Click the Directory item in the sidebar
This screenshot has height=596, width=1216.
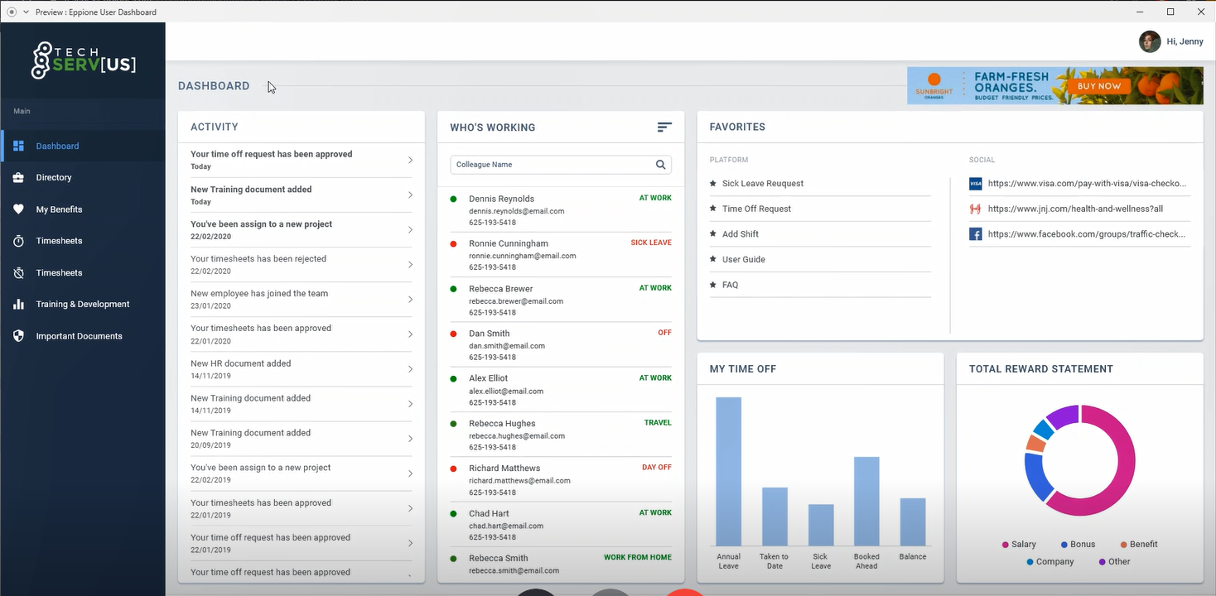pyautogui.click(x=53, y=178)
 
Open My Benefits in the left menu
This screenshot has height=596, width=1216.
pyautogui.click(x=58, y=209)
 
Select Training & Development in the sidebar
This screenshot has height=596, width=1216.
pyautogui.click(x=82, y=305)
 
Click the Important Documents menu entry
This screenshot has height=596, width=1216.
pyautogui.click(x=79, y=336)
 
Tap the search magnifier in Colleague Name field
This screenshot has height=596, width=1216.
pyautogui.click(x=661, y=165)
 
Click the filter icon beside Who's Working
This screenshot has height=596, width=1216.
pyautogui.click(x=664, y=127)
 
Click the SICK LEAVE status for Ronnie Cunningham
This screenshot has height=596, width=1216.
pyautogui.click(x=651, y=243)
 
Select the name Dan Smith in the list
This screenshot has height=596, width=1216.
pyautogui.click(x=489, y=334)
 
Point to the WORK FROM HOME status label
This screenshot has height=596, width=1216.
pyautogui.click(x=638, y=558)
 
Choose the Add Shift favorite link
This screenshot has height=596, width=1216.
pyautogui.click(x=741, y=234)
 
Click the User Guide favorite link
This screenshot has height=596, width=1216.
pyautogui.click(x=743, y=260)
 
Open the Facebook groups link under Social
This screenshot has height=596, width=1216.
pyautogui.click(x=1087, y=234)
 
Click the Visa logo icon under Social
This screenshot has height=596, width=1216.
pyautogui.click(x=976, y=184)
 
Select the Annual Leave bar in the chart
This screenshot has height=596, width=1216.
pyautogui.click(x=728, y=471)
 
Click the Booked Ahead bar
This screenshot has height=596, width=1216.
pyautogui.click(x=866, y=501)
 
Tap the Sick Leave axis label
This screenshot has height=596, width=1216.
pyautogui.click(x=821, y=561)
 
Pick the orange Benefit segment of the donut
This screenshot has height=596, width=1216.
pyautogui.click(x=1035, y=444)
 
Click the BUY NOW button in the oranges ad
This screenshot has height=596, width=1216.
pyautogui.click(x=1099, y=86)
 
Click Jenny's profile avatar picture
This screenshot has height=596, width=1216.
pyautogui.click(x=1150, y=41)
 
